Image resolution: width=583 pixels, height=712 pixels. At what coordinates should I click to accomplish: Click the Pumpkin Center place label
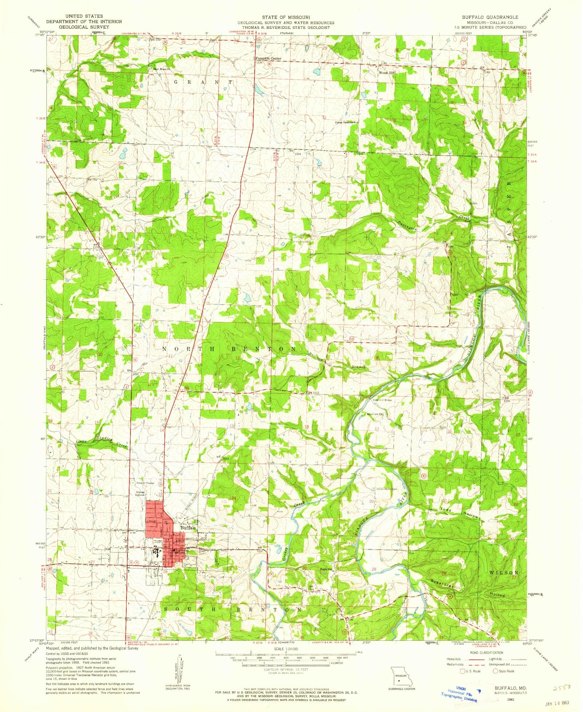click(x=268, y=58)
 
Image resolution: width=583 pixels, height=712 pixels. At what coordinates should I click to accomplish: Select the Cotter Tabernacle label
click(x=345, y=123)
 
